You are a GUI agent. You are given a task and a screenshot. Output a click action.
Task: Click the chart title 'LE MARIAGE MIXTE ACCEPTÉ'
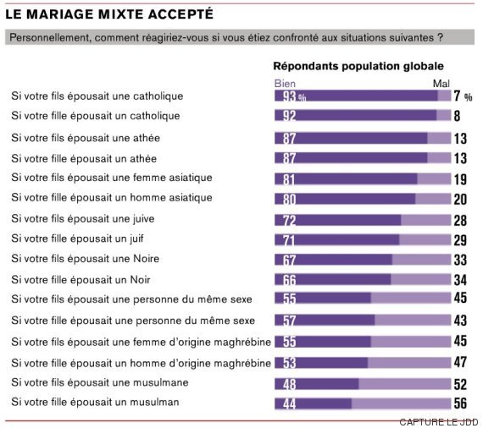pyautogui.click(x=109, y=14)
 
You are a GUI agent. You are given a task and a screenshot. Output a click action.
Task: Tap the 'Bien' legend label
pyautogui.click(x=285, y=84)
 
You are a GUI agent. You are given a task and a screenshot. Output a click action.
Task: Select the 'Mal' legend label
pyautogui.click(x=441, y=84)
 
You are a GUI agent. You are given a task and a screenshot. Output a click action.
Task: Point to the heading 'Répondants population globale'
pyautogui.click(x=358, y=66)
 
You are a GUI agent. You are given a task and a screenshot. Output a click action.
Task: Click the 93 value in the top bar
pyautogui.click(x=290, y=96)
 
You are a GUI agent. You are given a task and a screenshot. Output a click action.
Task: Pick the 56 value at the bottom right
pyautogui.click(x=460, y=403)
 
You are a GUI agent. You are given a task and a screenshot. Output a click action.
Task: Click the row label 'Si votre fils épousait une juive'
pyautogui.click(x=83, y=219)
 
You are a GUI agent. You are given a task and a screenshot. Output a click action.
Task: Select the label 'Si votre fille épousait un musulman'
pyautogui.click(x=95, y=402)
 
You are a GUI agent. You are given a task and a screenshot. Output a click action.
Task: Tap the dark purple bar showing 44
pyautogui.click(x=313, y=403)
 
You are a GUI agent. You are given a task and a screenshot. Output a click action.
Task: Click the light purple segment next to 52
pyautogui.click(x=405, y=384)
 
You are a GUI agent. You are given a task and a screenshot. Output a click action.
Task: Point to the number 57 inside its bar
pyautogui.click(x=290, y=321)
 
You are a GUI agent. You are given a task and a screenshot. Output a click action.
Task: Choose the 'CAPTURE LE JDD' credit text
pyautogui.click(x=439, y=422)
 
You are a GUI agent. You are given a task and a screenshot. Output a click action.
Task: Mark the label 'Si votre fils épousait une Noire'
pyautogui.click(x=86, y=259)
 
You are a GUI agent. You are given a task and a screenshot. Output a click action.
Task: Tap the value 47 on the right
pyautogui.click(x=460, y=362)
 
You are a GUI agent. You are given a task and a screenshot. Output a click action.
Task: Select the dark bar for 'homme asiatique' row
pyautogui.click(x=345, y=199)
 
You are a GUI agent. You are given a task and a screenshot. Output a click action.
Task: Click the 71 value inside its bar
pyautogui.click(x=289, y=240)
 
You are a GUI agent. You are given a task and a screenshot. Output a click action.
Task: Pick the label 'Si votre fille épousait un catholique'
pyautogui.click(x=96, y=116)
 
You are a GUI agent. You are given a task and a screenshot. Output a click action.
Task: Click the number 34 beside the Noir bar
pyautogui.click(x=460, y=280)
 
